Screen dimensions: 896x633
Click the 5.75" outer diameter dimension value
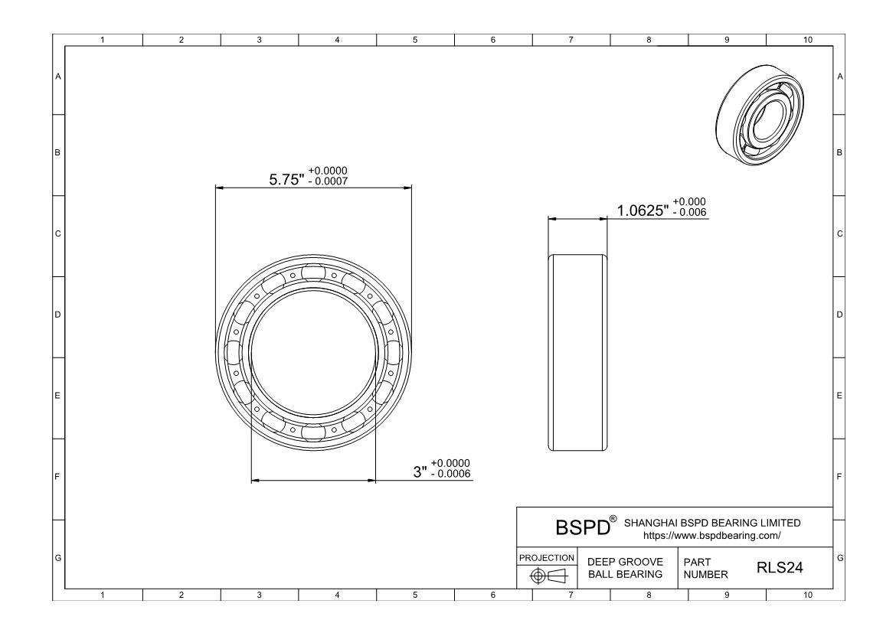286,179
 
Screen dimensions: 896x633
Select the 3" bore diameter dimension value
420,472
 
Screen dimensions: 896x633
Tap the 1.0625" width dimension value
643,210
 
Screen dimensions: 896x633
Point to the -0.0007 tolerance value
328,181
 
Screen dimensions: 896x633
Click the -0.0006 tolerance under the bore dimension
450,474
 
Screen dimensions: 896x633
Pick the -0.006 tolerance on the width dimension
689,212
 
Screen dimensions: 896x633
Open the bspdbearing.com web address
711,536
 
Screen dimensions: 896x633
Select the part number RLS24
780,567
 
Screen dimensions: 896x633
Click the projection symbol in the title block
548,576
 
